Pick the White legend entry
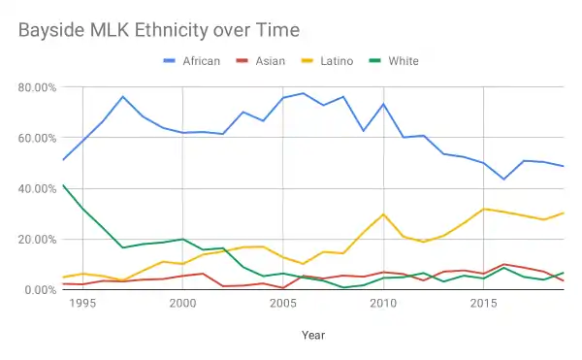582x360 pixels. tap(402, 61)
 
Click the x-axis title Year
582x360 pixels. tap(312, 335)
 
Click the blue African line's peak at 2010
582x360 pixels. tap(383, 104)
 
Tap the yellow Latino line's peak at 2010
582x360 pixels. tap(383, 214)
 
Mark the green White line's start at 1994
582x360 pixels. tap(62, 184)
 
